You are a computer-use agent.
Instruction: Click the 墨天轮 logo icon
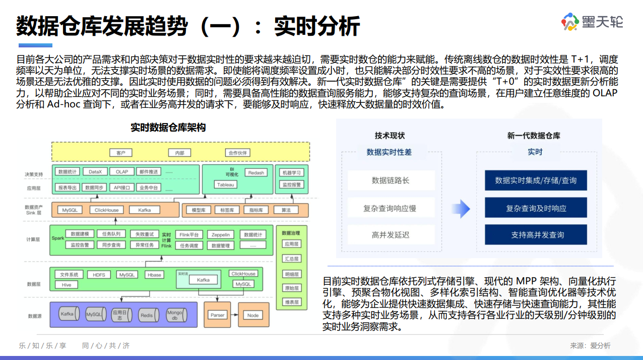[570, 22]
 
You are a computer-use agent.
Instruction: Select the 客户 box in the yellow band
[120, 153]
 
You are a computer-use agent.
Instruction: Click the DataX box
[95, 172]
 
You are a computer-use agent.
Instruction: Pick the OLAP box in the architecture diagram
[122, 172]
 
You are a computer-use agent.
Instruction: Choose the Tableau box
[225, 185]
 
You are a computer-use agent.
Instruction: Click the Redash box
[256, 172]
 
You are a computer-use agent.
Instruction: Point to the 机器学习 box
[292, 172]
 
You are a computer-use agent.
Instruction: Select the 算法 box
[286, 210]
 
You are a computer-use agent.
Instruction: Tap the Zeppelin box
[220, 234]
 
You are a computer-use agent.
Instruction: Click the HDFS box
[99, 275]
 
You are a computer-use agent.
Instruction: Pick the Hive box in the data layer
[67, 284]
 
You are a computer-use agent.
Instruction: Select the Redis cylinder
[147, 315]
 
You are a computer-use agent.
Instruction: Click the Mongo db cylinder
[174, 315]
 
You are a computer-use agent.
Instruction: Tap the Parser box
[217, 315]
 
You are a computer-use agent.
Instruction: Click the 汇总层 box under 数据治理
[292, 259]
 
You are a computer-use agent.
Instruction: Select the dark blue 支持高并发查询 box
[536, 234]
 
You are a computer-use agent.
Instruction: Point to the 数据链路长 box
[391, 181]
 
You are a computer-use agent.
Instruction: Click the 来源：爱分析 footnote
[590, 346]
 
